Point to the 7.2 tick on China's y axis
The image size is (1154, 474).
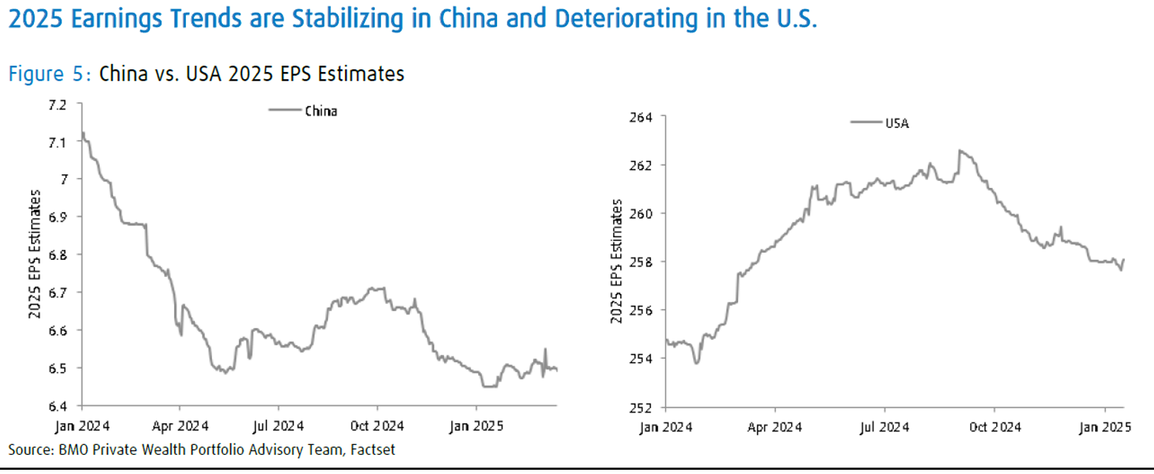(x=57, y=105)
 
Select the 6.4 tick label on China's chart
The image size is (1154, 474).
(x=57, y=405)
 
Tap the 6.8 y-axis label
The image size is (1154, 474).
(x=57, y=255)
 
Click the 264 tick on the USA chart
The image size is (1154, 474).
(x=641, y=117)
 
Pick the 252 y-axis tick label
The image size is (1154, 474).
(x=641, y=408)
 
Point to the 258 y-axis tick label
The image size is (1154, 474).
(x=641, y=262)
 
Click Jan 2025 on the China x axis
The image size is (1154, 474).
(x=476, y=426)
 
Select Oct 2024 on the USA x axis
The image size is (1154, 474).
(x=995, y=427)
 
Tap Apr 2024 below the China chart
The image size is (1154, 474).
(x=180, y=426)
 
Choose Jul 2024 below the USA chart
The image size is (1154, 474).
(x=884, y=427)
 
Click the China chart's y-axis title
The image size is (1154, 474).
(x=35, y=254)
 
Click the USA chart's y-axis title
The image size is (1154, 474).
(x=617, y=261)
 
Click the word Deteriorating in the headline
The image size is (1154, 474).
(x=626, y=18)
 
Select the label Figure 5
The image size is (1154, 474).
(x=49, y=73)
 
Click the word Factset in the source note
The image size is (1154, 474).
(x=373, y=450)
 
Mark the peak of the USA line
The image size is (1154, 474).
(x=960, y=150)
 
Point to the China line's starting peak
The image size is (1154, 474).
(x=83, y=133)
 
